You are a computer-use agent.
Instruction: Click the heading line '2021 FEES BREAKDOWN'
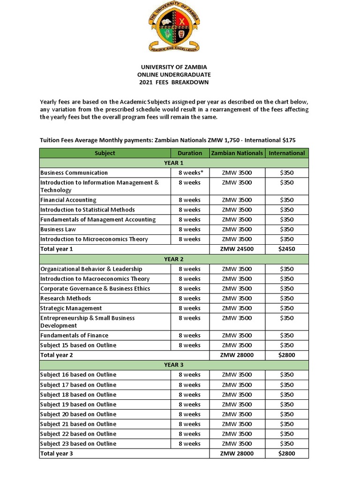coord(174,82)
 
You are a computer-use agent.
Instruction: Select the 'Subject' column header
coord(105,153)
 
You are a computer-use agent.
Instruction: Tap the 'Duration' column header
coord(190,153)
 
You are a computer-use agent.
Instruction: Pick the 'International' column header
coord(286,153)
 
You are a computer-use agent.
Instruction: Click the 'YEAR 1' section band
coord(174,163)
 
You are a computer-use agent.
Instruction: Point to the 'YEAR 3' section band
coord(174,365)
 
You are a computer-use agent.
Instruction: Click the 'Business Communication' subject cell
coord(74,172)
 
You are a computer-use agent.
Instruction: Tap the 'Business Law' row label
coord(58,229)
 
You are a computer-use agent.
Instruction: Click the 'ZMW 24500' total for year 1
coord(237,249)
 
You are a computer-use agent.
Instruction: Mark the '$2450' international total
coord(286,249)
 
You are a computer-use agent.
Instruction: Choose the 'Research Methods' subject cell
coord(66,298)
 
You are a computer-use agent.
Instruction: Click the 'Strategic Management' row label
coord(71,308)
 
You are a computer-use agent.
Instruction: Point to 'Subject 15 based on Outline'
coord(78,345)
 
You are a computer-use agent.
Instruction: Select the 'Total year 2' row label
coord(57,355)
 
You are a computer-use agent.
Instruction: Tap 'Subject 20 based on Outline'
coord(78,414)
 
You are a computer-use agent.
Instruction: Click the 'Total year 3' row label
coord(57,453)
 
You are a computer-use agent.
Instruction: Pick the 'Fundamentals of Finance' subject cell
coord(74,335)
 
